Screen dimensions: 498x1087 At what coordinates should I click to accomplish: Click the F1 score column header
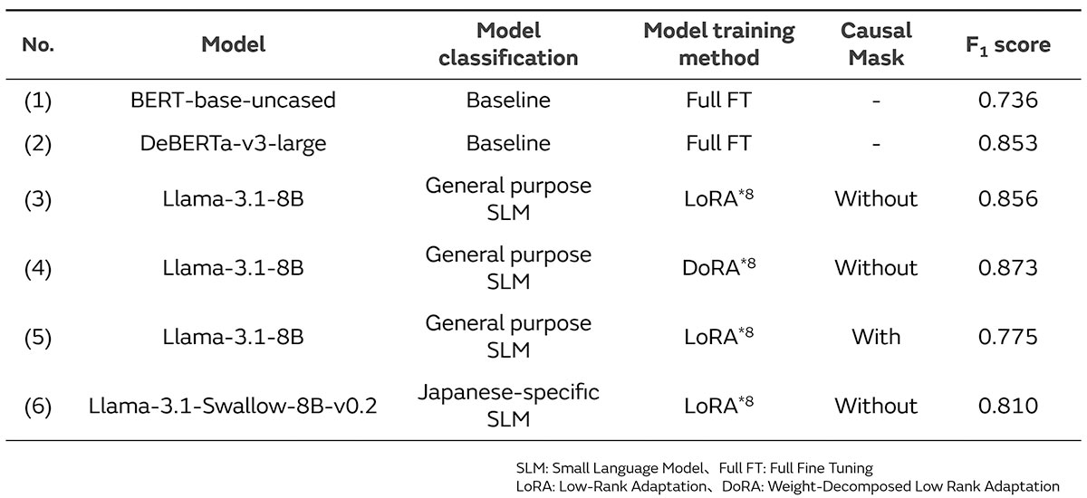coord(1007,44)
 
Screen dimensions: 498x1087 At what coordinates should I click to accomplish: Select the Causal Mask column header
coord(875,44)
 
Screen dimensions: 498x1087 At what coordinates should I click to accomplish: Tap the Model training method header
coord(718,44)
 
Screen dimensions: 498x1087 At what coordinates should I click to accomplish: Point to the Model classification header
coord(508,44)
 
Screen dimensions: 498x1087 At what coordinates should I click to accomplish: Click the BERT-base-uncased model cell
coord(233,101)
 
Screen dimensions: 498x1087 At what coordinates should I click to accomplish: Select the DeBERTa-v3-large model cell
coord(233,143)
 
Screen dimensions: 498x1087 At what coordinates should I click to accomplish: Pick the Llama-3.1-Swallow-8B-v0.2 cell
coord(233,405)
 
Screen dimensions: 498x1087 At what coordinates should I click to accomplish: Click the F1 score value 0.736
coord(1007,101)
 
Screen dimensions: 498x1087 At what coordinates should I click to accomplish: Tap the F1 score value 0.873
coord(1007,267)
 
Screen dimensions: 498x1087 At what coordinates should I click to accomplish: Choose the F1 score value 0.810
coord(1007,405)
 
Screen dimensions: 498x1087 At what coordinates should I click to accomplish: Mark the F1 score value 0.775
coord(1007,337)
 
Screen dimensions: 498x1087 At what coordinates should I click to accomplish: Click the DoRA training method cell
coord(718,267)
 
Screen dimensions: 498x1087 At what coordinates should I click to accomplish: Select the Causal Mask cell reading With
coord(875,337)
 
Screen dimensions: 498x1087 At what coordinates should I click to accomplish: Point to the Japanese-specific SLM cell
coord(508,405)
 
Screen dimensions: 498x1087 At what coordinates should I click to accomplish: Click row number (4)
coord(38,267)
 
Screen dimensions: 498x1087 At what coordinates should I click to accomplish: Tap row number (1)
coord(38,101)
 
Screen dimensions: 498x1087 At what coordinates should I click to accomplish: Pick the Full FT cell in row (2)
coord(718,143)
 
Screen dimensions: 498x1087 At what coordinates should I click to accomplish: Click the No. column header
coord(38,44)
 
